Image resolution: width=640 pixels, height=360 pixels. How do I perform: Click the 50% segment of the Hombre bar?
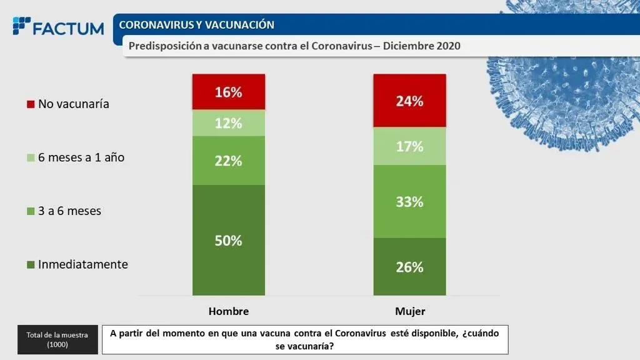click(x=229, y=241)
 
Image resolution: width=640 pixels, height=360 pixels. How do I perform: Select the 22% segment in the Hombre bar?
click(x=229, y=161)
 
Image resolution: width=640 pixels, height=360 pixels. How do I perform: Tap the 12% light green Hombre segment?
click(x=229, y=123)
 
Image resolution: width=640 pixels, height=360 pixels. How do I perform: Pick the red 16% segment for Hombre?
click(x=229, y=92)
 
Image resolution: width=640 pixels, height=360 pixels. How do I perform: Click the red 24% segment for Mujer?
click(x=409, y=101)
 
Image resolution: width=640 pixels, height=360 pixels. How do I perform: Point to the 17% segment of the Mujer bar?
click(x=409, y=147)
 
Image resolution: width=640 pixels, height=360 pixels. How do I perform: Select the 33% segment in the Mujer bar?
click(x=409, y=201)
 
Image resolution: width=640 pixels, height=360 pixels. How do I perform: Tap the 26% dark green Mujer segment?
click(x=409, y=267)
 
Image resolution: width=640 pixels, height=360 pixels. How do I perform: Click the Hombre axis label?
click(x=229, y=311)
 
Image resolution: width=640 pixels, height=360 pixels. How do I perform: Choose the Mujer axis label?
click(x=410, y=311)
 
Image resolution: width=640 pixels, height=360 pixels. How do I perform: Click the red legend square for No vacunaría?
click(x=30, y=104)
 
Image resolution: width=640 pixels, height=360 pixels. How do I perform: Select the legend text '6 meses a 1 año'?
click(x=81, y=157)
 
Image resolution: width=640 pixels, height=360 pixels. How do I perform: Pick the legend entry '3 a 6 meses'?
click(x=69, y=211)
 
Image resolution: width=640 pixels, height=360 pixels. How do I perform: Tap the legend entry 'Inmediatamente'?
click(x=82, y=264)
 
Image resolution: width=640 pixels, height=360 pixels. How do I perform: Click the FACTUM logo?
click(x=58, y=27)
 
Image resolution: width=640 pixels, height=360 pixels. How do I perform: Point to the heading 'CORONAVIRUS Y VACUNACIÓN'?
click(x=196, y=25)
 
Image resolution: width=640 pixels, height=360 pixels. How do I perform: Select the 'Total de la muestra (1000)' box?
click(x=57, y=339)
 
